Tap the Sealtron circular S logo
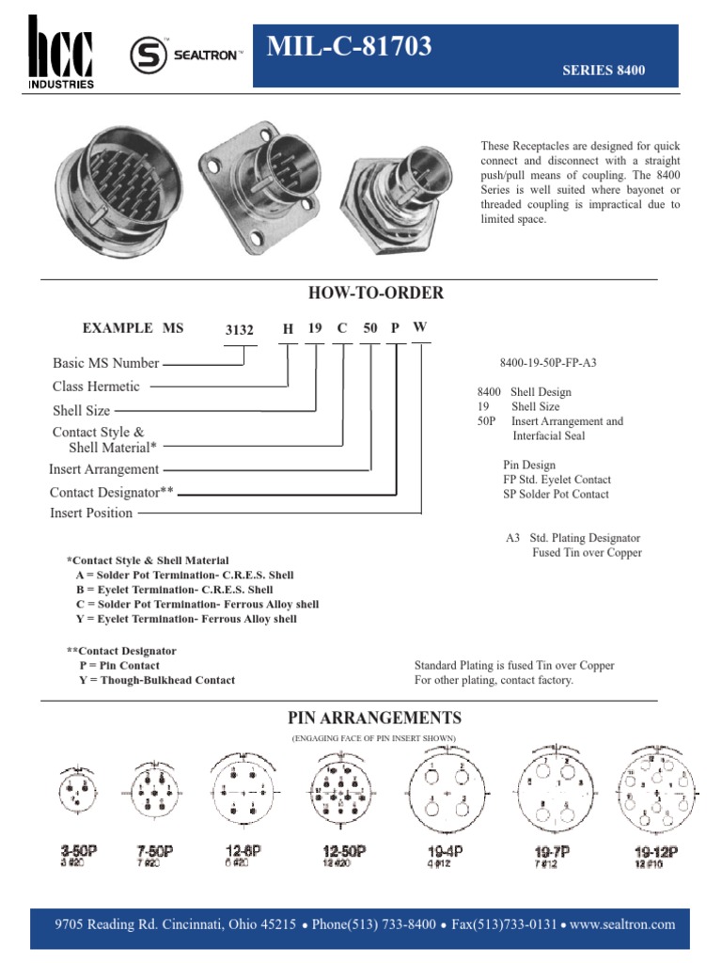pos(146,55)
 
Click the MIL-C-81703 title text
pos(350,45)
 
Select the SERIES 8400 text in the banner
pos(603,71)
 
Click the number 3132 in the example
pos(240,330)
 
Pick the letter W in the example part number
pos(420,327)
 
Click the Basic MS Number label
pos(105,363)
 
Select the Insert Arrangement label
pos(104,469)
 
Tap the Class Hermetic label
pos(96,387)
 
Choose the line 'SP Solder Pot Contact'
pos(556,495)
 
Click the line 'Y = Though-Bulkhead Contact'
pos(157,680)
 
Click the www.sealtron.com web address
pos(622,924)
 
